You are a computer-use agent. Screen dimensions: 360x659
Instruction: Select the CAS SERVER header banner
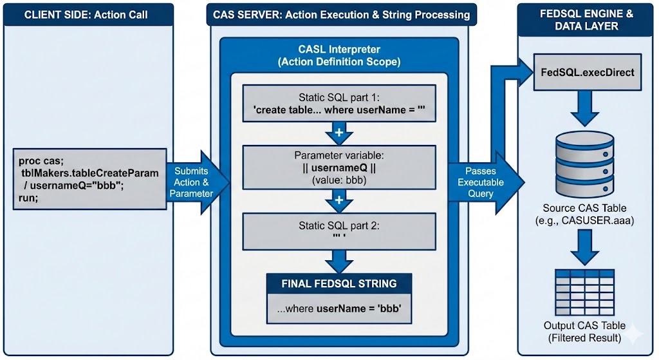[341, 14]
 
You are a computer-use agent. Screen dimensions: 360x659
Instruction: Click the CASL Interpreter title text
[339, 55]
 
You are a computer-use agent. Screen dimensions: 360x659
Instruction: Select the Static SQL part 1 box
[339, 104]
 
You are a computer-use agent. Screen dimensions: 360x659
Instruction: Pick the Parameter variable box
[339, 167]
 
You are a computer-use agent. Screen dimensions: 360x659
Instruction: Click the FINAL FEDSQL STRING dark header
[339, 283]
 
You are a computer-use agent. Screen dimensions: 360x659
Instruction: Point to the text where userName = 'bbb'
[339, 308]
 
